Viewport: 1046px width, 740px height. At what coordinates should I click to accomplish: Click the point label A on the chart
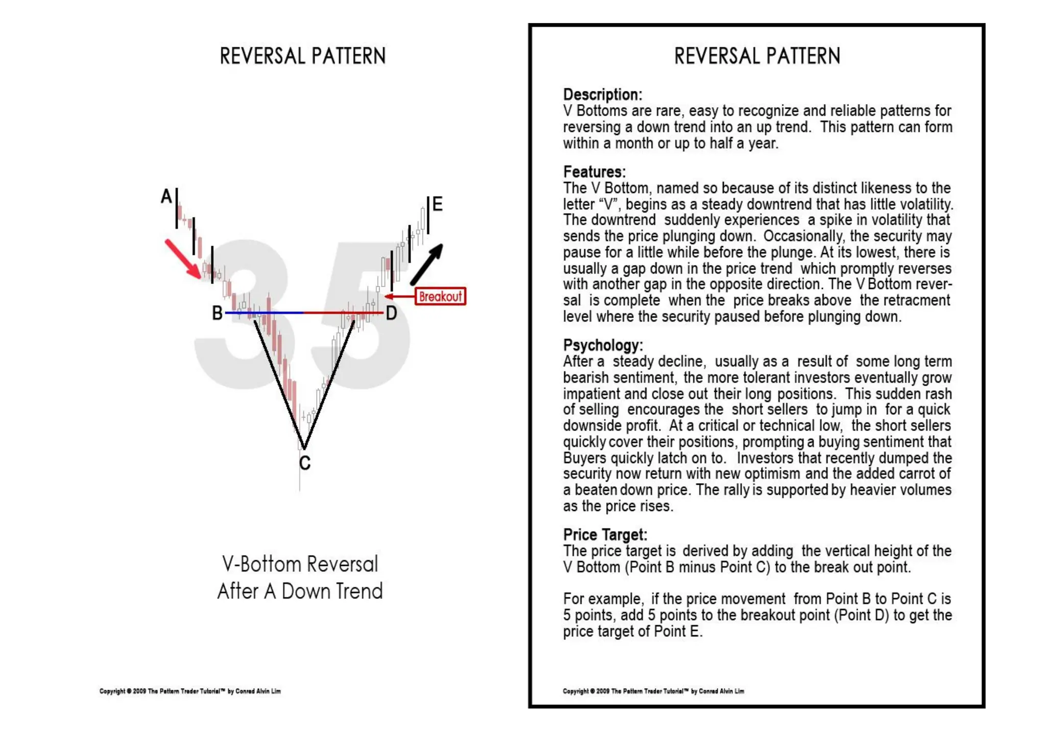point(167,197)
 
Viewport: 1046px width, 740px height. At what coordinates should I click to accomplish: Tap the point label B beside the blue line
point(217,313)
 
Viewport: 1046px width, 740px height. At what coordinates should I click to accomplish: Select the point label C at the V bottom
point(305,463)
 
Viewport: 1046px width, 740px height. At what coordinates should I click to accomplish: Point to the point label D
point(391,313)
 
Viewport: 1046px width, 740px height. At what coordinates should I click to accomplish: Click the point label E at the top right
point(437,204)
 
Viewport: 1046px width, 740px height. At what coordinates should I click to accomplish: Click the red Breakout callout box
point(440,297)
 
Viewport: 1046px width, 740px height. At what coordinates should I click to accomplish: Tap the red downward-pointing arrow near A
point(183,259)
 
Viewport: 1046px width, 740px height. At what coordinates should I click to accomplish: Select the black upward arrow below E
point(427,264)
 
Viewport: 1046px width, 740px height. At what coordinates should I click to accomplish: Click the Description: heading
point(603,94)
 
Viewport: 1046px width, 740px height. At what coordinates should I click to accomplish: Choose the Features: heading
point(595,172)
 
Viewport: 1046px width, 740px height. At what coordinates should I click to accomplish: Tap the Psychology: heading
point(603,345)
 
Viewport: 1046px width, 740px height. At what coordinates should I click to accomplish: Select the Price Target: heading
point(605,535)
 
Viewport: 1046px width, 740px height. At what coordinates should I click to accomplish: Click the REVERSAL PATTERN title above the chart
point(303,56)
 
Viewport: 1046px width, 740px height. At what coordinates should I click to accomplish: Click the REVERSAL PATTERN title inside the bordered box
point(757,56)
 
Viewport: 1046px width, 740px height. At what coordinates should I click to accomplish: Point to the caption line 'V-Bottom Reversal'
point(300,564)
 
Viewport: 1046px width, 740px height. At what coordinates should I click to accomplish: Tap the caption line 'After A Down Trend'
point(300,591)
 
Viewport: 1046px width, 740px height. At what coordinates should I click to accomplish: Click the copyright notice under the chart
point(190,691)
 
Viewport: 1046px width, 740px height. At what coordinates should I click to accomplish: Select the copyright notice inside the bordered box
point(653,691)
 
